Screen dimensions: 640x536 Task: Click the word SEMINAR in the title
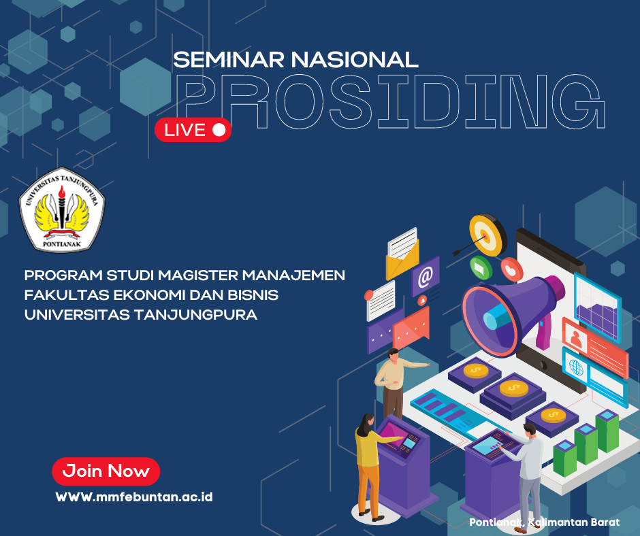[x=229, y=60]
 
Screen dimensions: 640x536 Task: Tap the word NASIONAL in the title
[x=355, y=60]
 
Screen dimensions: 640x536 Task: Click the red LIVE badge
[x=193, y=130]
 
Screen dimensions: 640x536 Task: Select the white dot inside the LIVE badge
[x=219, y=130]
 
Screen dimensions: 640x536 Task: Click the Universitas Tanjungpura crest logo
[x=62, y=210]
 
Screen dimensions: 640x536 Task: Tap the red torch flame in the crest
[x=62, y=192]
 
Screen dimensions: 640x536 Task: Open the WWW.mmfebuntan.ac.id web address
[x=134, y=497]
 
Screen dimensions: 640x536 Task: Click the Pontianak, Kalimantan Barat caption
[x=545, y=522]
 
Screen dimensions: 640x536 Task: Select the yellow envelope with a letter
[x=402, y=254]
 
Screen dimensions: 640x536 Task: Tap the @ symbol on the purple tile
[x=425, y=277]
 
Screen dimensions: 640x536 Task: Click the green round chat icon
[x=481, y=267]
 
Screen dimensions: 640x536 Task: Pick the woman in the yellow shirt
[x=370, y=466]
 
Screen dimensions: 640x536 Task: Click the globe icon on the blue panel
[x=576, y=367]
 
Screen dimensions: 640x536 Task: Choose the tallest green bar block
[x=607, y=431]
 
